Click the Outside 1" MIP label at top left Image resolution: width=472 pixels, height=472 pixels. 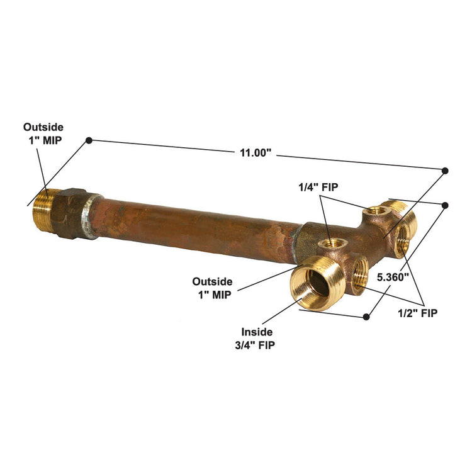43,133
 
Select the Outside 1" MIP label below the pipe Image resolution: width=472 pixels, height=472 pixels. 212,287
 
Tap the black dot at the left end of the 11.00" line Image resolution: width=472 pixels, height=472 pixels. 89,140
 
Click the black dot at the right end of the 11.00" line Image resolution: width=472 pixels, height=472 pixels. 445,171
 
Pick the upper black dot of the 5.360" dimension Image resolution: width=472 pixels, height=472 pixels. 446,205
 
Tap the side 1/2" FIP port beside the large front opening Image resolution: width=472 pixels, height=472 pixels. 360,274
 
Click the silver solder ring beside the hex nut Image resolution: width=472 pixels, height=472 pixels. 93,216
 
